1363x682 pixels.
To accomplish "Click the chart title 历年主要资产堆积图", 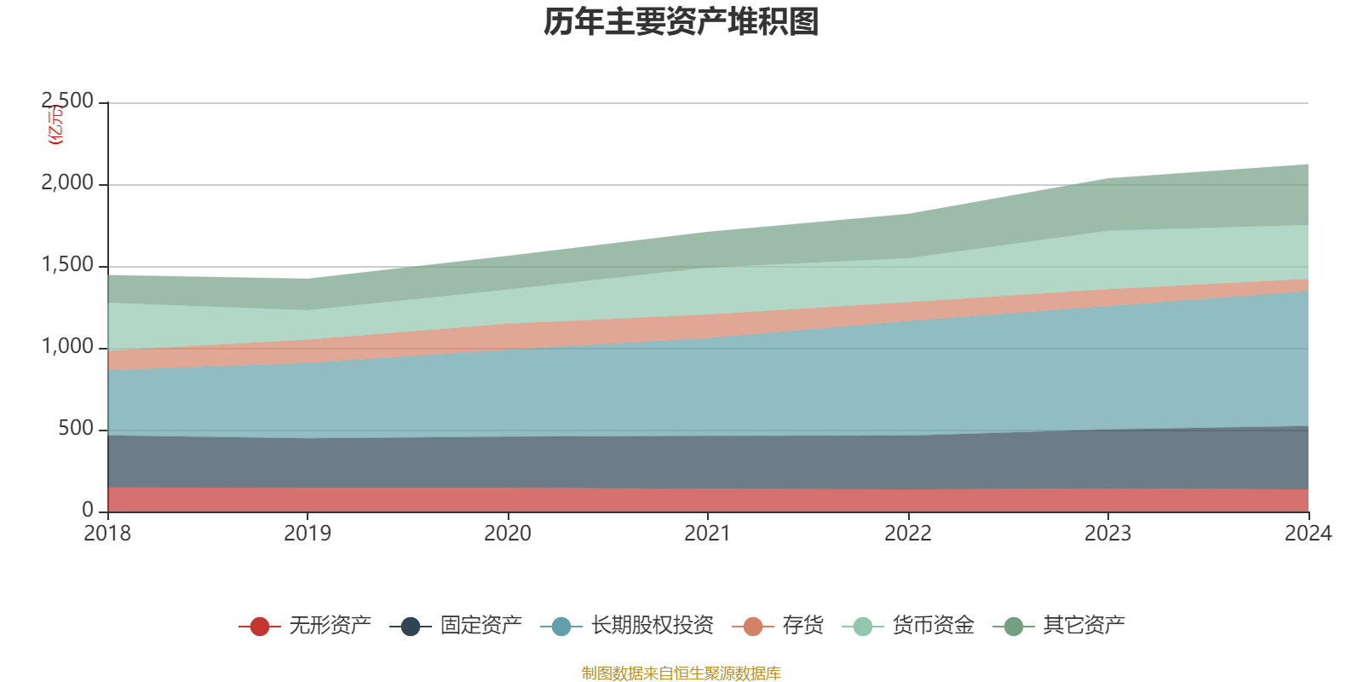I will click(681, 22).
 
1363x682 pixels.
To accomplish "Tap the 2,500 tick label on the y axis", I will click(67, 101).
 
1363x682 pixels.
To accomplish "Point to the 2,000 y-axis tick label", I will click(67, 182).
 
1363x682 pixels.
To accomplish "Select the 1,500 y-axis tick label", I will click(67, 264).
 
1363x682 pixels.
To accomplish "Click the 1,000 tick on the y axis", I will click(67, 346).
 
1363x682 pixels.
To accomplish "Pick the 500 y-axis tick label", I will click(76, 428).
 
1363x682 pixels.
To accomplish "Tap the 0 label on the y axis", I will click(88, 510).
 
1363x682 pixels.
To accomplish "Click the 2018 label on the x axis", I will click(107, 533).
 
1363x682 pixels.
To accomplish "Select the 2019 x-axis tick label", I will click(308, 533).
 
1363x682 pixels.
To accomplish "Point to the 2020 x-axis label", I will click(508, 533).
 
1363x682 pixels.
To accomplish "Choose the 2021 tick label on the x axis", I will click(708, 533).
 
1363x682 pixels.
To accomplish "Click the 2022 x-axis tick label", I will click(908, 533).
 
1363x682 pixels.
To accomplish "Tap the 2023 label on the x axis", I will click(1107, 533).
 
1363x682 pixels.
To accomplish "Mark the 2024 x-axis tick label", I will click(1308, 533).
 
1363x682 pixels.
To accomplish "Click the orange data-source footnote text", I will click(681, 673).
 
